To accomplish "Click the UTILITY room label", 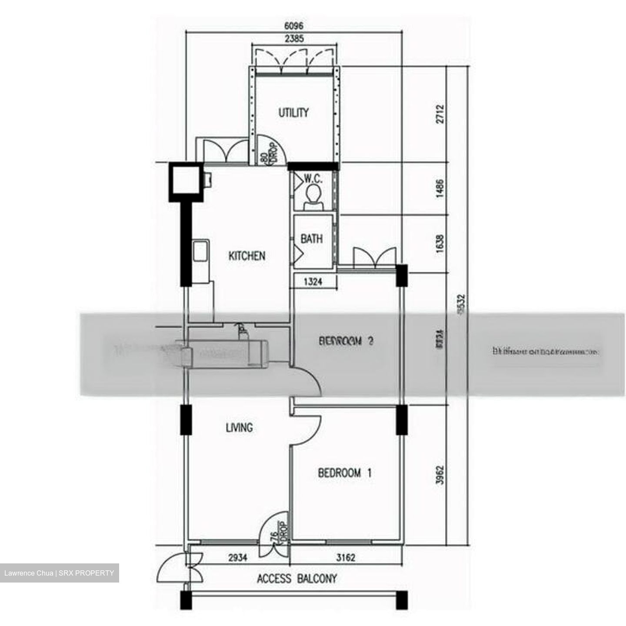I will click(x=293, y=113).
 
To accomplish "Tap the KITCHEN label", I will click(x=246, y=256).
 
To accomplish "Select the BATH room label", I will click(x=312, y=239).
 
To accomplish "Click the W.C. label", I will click(x=313, y=178).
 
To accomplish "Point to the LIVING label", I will click(x=239, y=428).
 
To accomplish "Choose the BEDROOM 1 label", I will click(x=345, y=473).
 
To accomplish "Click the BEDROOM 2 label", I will click(x=346, y=341).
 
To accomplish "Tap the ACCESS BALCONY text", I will click(x=297, y=579).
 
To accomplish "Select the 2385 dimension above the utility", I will click(x=294, y=39).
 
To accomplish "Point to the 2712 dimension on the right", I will click(x=440, y=114).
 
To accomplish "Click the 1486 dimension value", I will click(x=440, y=189).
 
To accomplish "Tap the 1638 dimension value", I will click(x=440, y=244).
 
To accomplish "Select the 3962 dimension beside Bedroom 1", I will click(x=440, y=475).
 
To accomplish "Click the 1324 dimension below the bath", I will click(x=313, y=282).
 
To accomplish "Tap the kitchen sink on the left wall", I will click(x=200, y=251).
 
